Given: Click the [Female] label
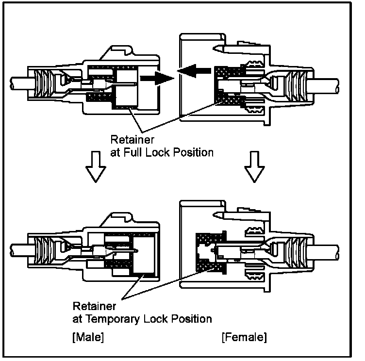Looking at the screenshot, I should pyautogui.click(x=244, y=336).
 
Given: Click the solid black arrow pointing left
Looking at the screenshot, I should pyautogui.click(x=195, y=72).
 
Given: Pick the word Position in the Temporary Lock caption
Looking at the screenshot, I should pyautogui.click(x=190, y=319).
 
